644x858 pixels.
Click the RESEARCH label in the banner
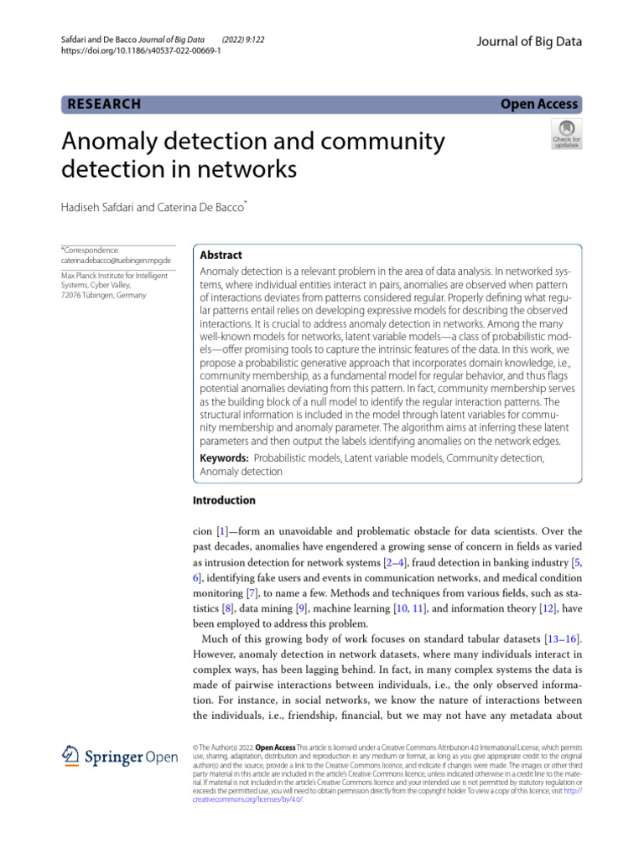tap(103, 104)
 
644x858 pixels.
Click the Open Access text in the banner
tap(538, 104)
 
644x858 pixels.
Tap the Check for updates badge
tap(565, 133)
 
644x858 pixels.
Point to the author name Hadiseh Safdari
tap(101, 206)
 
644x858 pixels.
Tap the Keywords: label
tap(224, 458)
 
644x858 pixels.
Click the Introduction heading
tap(224, 500)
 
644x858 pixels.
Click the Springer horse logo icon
tap(71, 757)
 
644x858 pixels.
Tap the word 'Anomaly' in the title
tap(111, 142)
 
